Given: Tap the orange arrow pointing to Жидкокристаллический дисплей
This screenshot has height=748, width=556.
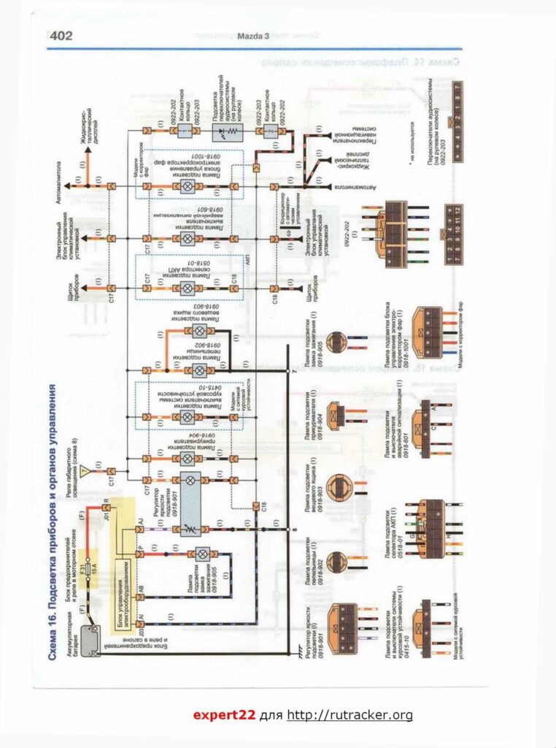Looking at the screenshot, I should [x=88, y=154].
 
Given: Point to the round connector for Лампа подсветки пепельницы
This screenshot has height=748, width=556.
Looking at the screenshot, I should [x=338, y=562].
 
